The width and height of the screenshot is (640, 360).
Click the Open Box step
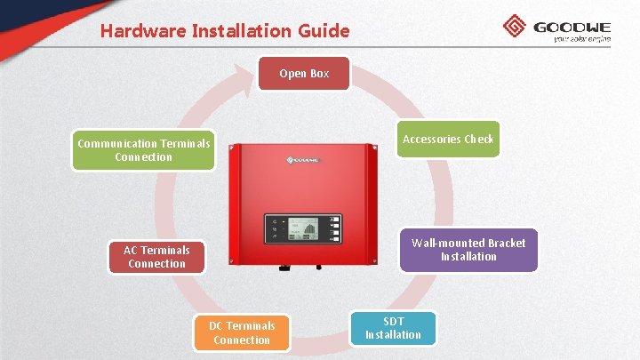(x=304, y=74)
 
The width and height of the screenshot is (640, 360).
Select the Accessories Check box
(x=447, y=139)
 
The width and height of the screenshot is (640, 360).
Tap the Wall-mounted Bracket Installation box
(x=468, y=250)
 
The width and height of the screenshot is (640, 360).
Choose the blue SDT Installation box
(x=393, y=328)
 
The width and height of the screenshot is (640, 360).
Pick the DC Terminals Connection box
(x=242, y=332)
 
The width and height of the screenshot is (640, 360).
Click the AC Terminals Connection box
(x=156, y=257)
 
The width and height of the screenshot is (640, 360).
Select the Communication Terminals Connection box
(x=144, y=150)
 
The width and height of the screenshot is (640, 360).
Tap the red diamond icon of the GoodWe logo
(x=515, y=27)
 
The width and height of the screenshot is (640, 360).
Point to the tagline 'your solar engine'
(x=581, y=39)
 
